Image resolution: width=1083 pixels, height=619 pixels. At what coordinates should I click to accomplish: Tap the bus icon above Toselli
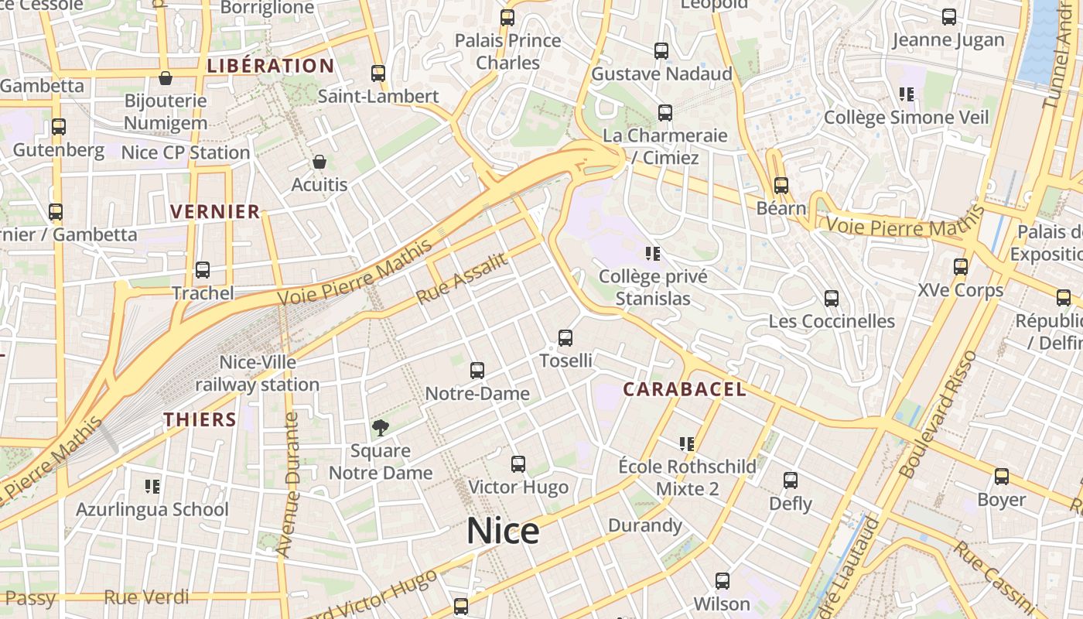click(x=565, y=338)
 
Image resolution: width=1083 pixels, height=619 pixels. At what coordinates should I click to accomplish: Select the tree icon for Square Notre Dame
click(x=380, y=427)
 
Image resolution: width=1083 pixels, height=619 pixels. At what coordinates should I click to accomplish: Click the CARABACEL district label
click(x=685, y=389)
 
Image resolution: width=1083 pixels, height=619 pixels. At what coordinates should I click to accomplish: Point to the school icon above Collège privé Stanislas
click(x=652, y=253)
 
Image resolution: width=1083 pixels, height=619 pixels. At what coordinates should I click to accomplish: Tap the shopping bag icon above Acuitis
click(x=319, y=162)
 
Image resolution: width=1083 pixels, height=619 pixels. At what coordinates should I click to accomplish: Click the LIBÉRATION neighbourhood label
click(x=271, y=66)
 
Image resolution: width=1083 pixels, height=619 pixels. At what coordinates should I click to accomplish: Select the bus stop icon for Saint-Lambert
click(x=378, y=74)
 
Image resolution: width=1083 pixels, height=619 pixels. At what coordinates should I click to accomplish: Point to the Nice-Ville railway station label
click(x=258, y=373)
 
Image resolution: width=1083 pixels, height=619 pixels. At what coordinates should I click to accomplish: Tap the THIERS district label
click(x=200, y=419)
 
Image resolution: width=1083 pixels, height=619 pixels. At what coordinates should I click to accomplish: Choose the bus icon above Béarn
click(x=781, y=186)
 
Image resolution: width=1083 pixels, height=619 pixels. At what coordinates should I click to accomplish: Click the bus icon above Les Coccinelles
click(x=832, y=299)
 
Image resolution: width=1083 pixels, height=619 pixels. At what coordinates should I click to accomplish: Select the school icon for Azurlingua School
click(x=152, y=487)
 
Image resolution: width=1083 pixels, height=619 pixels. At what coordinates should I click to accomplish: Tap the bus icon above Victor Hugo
click(x=518, y=464)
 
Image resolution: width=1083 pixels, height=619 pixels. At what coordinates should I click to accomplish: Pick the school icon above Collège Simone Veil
click(x=907, y=94)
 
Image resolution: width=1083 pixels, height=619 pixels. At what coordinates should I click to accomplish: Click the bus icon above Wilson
click(x=723, y=580)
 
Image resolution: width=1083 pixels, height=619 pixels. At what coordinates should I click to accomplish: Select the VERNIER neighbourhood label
click(x=215, y=211)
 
